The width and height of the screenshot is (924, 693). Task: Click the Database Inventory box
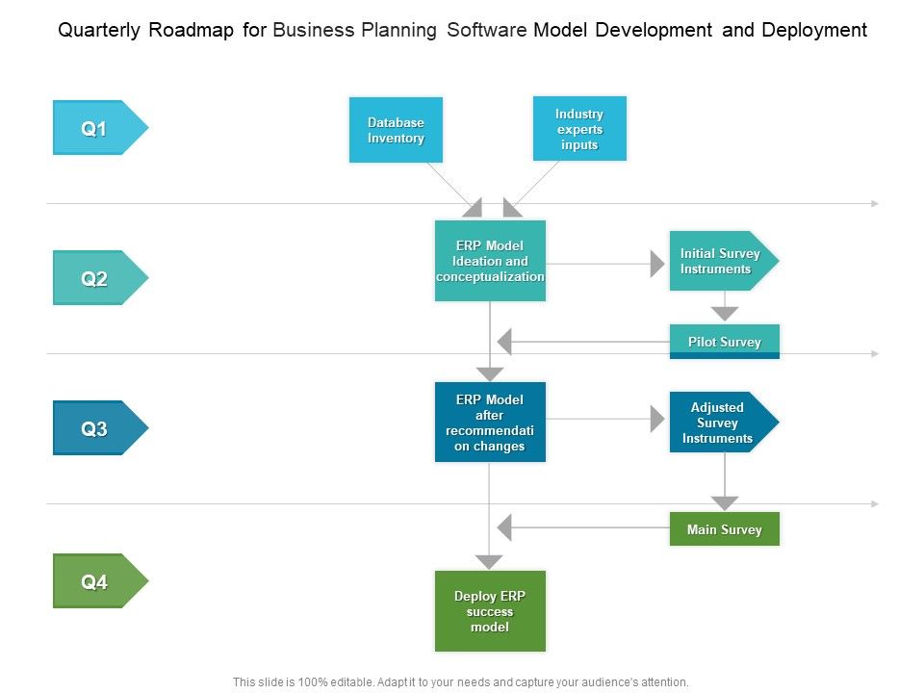click(396, 130)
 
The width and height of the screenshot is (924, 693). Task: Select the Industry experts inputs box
click(579, 129)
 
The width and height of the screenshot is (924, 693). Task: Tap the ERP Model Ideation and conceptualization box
click(490, 261)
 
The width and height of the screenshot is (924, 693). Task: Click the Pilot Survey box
click(724, 342)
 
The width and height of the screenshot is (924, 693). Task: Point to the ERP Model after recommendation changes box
click(490, 422)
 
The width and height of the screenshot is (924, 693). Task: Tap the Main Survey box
click(724, 529)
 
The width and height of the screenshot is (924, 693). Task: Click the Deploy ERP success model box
click(490, 611)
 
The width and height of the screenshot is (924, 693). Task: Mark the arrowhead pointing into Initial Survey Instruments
click(658, 262)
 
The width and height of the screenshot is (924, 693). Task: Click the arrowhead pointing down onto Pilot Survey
click(725, 314)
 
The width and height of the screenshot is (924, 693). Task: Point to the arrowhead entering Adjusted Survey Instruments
click(658, 419)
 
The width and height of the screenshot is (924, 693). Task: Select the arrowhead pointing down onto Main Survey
click(725, 503)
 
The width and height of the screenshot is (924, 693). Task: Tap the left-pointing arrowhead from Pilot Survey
click(504, 342)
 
